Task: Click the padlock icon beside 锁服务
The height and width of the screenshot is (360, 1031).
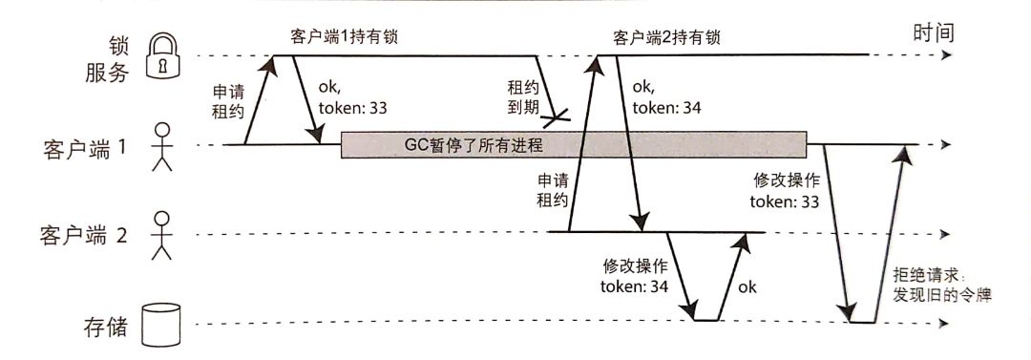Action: pyautogui.click(x=163, y=56)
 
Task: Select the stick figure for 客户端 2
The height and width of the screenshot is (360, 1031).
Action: pyautogui.click(x=164, y=234)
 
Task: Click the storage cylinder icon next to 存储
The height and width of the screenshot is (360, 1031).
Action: pyautogui.click(x=161, y=324)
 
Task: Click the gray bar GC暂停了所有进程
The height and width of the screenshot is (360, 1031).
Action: pyautogui.click(x=574, y=145)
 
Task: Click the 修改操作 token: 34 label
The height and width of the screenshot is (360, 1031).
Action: pyautogui.click(x=634, y=276)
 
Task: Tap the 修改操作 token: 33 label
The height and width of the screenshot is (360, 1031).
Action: pyautogui.click(x=785, y=190)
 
